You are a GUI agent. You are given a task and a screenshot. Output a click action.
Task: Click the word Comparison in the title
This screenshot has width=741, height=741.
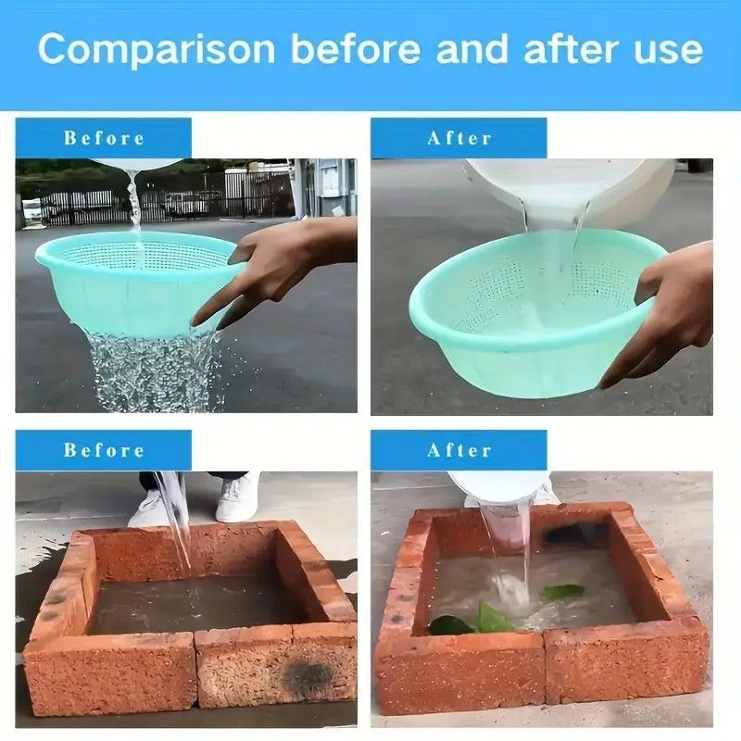tap(157, 50)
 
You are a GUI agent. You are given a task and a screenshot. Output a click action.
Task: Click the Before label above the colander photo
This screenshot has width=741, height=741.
tap(104, 138)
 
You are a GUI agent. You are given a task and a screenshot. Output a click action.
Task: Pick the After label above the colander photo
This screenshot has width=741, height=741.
tap(459, 138)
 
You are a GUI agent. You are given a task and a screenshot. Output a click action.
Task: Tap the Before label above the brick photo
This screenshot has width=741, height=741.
tap(104, 450)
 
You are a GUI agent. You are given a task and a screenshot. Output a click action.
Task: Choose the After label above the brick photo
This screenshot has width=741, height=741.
tap(459, 450)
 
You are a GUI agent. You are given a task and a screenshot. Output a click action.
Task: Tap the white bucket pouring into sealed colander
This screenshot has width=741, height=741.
tap(567, 189)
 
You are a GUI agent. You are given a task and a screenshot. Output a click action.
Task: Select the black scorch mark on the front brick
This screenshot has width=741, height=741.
tap(308, 672)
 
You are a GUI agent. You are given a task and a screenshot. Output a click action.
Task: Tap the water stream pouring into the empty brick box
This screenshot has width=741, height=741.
tap(176, 520)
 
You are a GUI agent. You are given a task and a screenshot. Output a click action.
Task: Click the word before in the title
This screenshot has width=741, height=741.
tap(356, 49)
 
